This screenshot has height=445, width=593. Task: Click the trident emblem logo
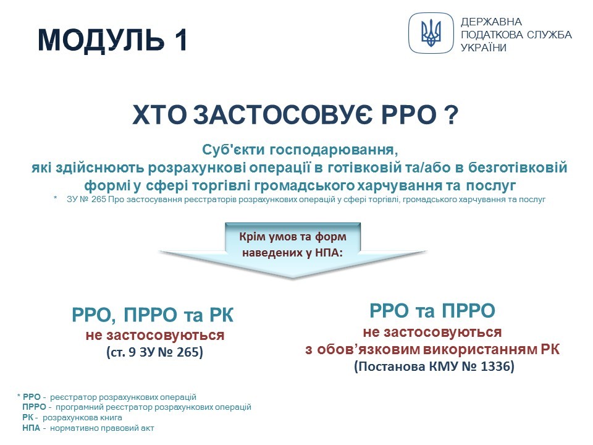[x=431, y=33]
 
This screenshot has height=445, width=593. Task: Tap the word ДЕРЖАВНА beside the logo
[x=491, y=22]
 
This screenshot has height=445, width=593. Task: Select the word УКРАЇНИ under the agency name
[x=483, y=48]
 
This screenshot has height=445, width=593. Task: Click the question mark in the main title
[x=450, y=115]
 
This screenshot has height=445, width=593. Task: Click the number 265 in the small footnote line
[x=98, y=200]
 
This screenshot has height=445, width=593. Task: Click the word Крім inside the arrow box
[x=252, y=237]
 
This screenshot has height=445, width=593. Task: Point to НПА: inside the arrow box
[x=329, y=253]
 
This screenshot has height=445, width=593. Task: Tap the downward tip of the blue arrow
[x=293, y=278]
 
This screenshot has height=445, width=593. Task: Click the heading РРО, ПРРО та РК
[x=153, y=315]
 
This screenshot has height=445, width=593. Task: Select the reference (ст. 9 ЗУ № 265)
[x=154, y=352]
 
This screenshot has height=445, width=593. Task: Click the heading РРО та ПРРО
[x=432, y=311]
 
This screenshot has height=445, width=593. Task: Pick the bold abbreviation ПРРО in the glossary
[x=34, y=407]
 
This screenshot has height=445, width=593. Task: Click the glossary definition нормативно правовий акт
[x=102, y=428]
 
